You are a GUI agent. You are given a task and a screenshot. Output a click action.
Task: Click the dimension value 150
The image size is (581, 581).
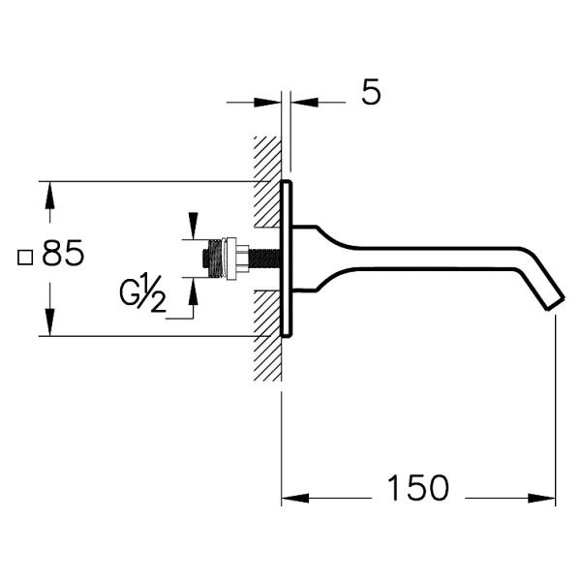tap(417, 488)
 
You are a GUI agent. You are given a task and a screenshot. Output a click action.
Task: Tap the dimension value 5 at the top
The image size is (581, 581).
tap(371, 92)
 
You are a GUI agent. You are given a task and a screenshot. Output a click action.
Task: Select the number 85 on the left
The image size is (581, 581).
tap(63, 253)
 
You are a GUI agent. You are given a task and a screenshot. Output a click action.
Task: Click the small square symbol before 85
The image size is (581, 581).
tap(25, 258)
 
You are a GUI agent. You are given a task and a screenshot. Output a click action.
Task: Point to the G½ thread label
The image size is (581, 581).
tap(142, 293)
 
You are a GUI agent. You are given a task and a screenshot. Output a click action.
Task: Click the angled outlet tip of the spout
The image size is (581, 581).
tap(555, 303)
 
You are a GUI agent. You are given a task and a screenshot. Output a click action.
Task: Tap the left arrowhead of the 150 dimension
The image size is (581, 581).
tap(295, 498)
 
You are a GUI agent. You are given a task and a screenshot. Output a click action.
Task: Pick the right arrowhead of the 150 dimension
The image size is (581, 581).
tap(541, 498)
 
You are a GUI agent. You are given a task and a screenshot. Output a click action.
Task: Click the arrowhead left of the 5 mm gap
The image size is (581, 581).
tap(267, 103)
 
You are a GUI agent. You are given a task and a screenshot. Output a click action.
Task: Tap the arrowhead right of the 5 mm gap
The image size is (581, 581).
tap(304, 103)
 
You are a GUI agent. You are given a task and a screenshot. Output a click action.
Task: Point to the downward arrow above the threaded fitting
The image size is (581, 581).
tap(193, 226)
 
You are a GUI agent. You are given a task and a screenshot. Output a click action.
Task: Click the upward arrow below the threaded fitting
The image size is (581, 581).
tap(193, 290)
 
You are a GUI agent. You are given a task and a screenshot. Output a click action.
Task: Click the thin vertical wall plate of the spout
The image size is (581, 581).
tap(287, 259)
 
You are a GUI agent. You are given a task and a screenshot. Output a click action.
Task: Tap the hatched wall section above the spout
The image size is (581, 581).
tap(267, 182)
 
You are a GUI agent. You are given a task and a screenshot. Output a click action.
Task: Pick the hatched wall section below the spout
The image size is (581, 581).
tap(267, 336)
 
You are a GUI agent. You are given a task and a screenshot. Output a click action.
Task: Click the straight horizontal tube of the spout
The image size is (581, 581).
tap(434, 258)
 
